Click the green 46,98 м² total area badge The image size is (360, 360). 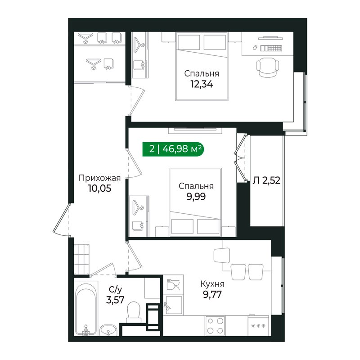(x=173, y=149)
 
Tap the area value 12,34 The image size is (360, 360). (x=202, y=84)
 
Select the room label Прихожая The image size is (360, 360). (x=99, y=178)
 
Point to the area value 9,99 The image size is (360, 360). (x=196, y=197)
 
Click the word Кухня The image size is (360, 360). (x=212, y=284)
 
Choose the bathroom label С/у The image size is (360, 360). (x=115, y=290)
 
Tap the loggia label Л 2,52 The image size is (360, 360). (x=266, y=180)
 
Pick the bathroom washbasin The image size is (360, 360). (x=108, y=330)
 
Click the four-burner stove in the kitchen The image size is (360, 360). (x=215, y=325)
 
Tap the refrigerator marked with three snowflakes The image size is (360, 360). (x=258, y=325)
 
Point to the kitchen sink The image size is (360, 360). (x=173, y=305)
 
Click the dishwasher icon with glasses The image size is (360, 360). (x=173, y=285)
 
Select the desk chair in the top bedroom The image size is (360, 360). (x=267, y=67)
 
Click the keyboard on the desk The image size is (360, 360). (x=271, y=48)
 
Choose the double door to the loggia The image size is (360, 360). (x=241, y=158)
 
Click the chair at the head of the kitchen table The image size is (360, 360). (x=222, y=255)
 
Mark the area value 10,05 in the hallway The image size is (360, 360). (x=99, y=189)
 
